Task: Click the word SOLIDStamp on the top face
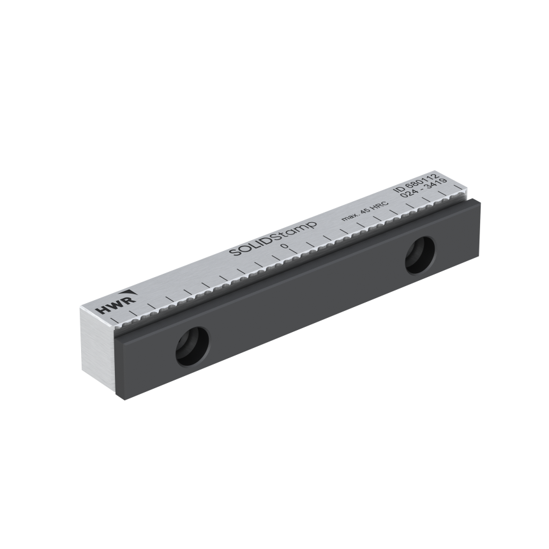[273, 239]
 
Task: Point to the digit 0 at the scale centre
[285, 246]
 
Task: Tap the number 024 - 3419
[423, 189]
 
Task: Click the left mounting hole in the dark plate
[192, 347]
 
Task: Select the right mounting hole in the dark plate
[420, 255]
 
